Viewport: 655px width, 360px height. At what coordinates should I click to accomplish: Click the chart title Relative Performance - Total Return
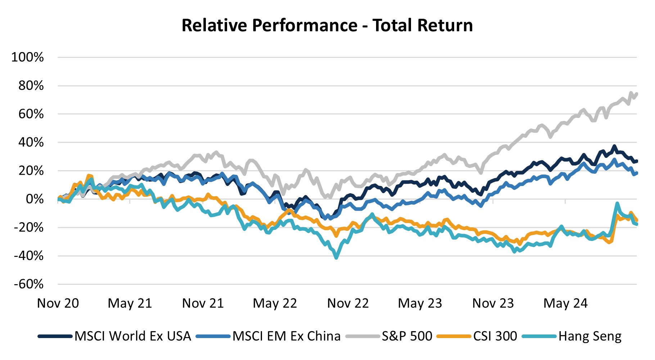pos(327,26)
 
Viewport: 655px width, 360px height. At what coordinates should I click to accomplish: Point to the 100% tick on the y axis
pos(28,57)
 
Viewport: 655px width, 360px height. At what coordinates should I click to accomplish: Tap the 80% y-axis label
pos(31,86)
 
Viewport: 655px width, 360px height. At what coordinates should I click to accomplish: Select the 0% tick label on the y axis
pos(35,199)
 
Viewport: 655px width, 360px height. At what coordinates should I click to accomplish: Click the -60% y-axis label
pos(29,284)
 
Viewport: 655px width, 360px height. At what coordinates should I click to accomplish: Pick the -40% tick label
pos(29,256)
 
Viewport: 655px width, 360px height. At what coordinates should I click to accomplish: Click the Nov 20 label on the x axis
pos(58,303)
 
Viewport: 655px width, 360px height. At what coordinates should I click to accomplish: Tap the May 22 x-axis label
pos(275,303)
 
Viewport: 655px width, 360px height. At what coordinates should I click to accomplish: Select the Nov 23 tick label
pos(493,303)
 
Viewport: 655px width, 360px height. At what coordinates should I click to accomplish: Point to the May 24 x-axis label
pos(565,303)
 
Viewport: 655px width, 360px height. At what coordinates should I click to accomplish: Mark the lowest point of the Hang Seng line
pos(336,258)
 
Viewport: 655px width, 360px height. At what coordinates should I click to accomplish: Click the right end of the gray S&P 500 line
pos(637,94)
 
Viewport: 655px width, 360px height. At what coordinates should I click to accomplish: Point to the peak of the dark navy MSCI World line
pos(614,146)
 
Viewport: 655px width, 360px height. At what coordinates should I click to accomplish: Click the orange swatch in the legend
pos(454,336)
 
